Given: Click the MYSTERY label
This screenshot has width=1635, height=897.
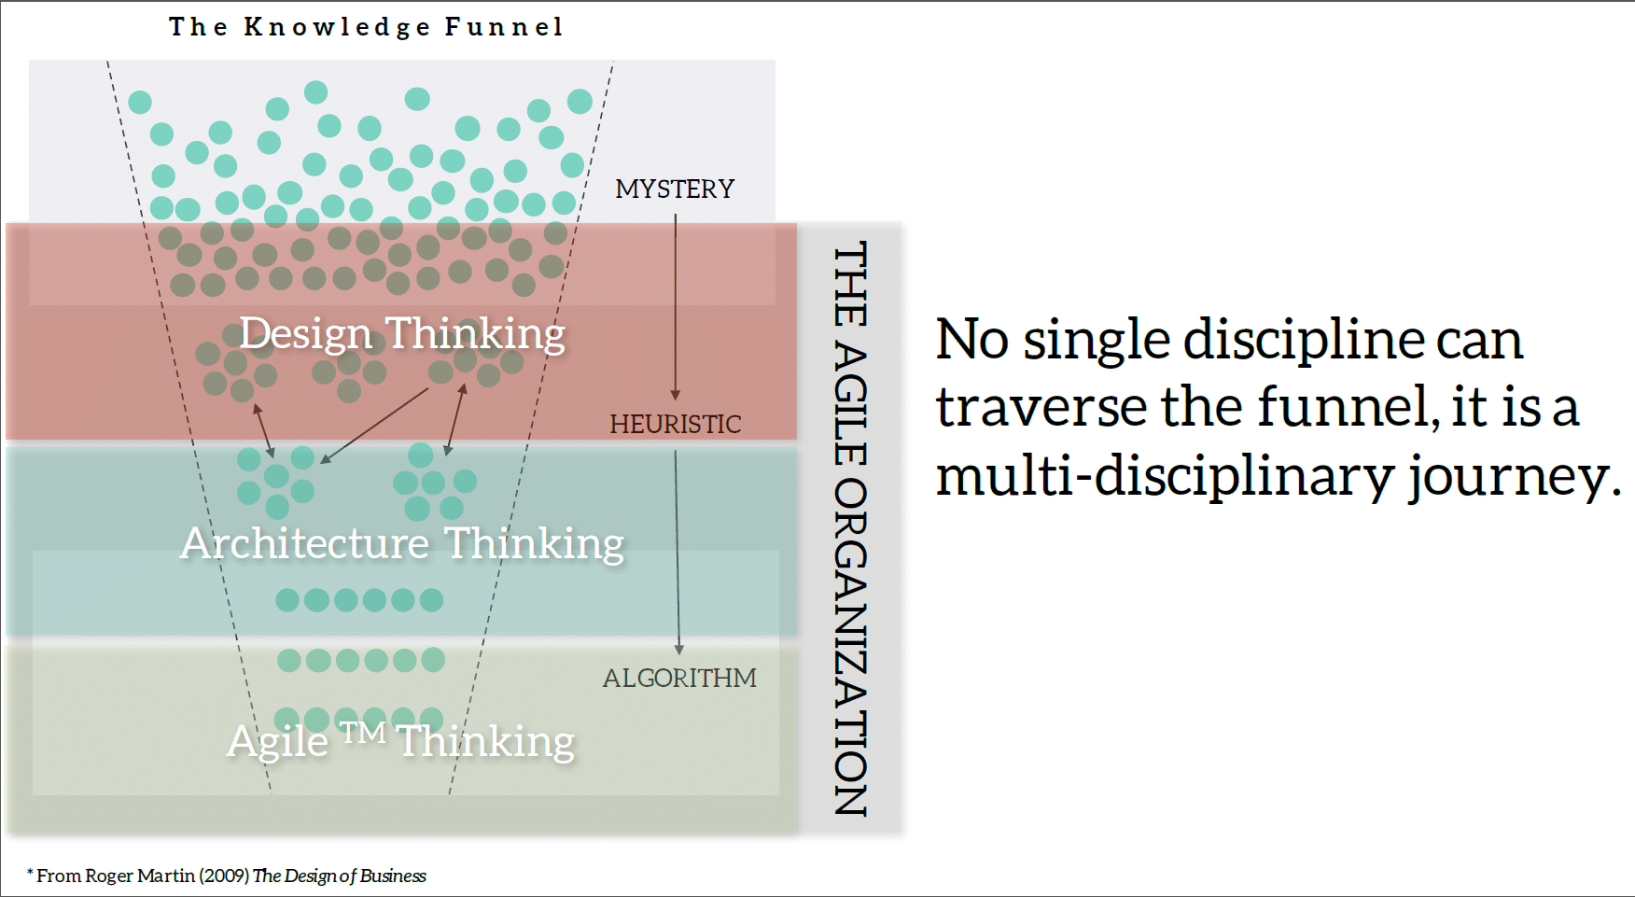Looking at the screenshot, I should [x=675, y=189].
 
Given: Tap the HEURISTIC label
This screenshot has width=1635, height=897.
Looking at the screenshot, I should [x=675, y=425].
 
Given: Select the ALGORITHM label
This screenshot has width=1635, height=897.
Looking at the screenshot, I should [x=679, y=679].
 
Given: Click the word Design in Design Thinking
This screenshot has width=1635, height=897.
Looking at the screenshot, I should [x=306, y=334].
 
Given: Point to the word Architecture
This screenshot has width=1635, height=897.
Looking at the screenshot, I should [x=304, y=544].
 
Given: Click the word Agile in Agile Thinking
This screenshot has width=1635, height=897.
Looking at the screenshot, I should [x=278, y=743].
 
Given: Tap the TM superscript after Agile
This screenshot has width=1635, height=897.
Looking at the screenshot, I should [x=363, y=733].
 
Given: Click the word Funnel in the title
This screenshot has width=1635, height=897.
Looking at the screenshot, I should [x=504, y=27].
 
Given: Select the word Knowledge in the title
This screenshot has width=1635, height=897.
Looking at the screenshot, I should [x=337, y=27].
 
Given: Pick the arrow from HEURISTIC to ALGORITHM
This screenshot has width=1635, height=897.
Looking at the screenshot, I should [x=678, y=551].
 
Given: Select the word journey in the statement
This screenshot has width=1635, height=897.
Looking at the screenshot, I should [x=1508, y=477].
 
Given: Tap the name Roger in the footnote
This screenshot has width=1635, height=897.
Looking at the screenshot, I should [x=109, y=876].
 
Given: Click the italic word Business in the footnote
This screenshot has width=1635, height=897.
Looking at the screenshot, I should [x=393, y=876].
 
